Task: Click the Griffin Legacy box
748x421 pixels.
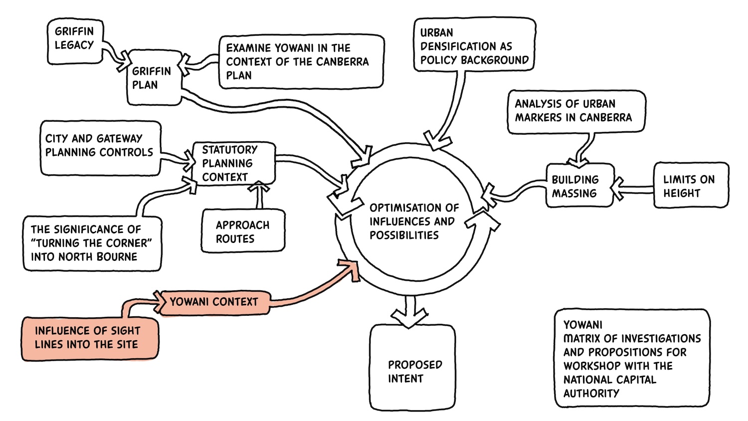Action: [x=75, y=41]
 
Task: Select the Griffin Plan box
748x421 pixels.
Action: [x=154, y=78]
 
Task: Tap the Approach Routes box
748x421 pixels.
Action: [x=243, y=230]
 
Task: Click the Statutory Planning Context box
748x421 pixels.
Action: [x=234, y=164]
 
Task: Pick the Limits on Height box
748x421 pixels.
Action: [x=691, y=186]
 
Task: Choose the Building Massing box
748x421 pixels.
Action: [x=580, y=186]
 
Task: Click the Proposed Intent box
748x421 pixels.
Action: [x=413, y=368]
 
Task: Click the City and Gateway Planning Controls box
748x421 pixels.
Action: [x=101, y=148]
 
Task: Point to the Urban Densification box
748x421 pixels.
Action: [x=475, y=45]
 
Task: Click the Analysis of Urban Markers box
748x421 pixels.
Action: [x=576, y=112]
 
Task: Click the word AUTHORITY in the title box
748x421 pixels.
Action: [x=591, y=393]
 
